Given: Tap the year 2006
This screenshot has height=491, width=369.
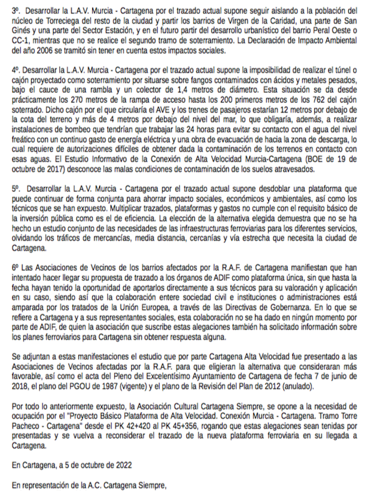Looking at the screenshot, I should click(40, 51).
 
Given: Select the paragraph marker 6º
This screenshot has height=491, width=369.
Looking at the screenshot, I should click(15, 267).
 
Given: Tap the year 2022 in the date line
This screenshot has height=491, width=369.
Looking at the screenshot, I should click(124, 465).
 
